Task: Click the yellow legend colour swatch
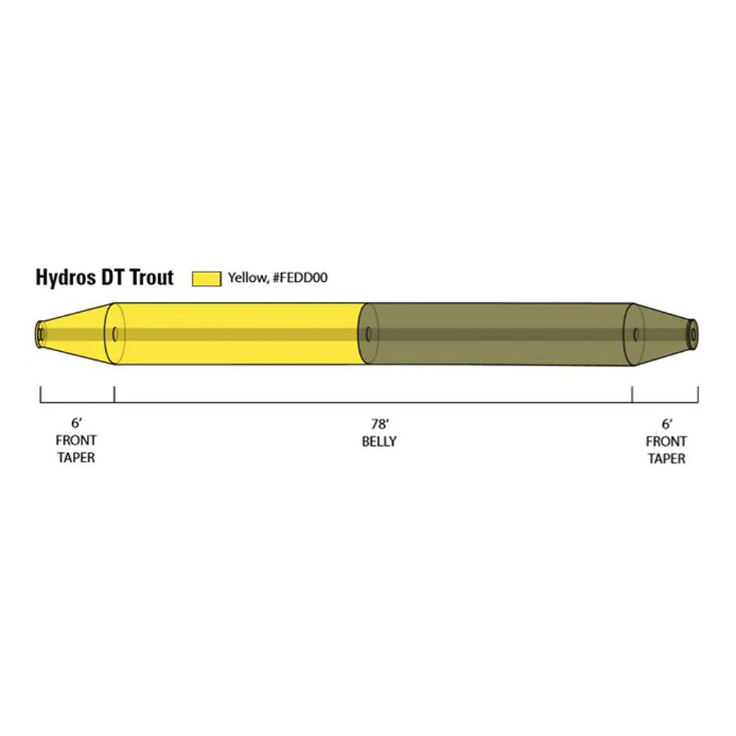(206, 278)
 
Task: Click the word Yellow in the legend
(244, 278)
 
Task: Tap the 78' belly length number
(379, 424)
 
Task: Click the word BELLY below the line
(379, 442)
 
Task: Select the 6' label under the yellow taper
(76, 424)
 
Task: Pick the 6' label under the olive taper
(667, 424)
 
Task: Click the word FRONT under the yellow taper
(76, 442)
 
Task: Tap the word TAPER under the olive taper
(667, 459)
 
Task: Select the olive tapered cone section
(662, 333)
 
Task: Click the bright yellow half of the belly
(236, 333)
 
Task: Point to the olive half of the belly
(500, 333)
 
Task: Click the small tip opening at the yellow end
(40, 334)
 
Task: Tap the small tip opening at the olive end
(693, 334)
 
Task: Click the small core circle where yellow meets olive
(369, 334)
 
